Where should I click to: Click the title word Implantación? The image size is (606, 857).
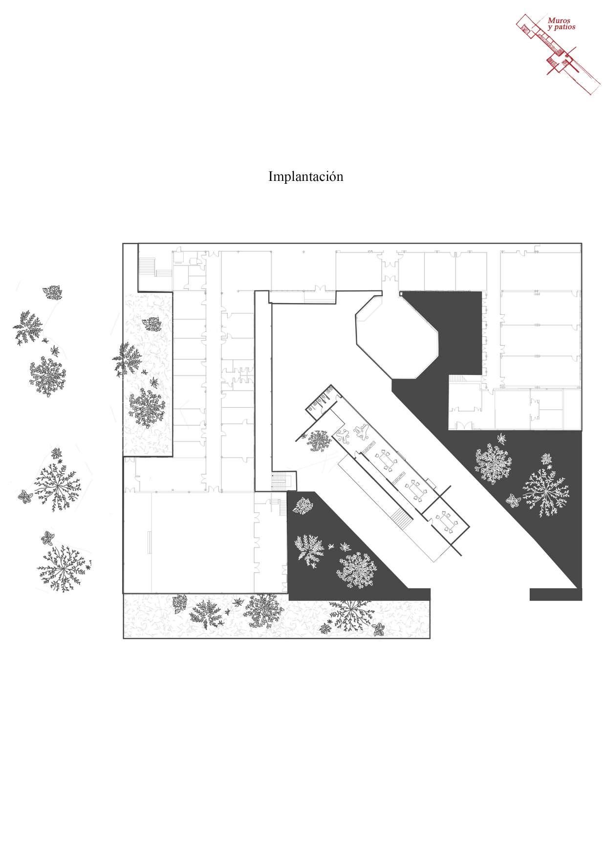click(305, 176)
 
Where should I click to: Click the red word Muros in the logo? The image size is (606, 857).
click(558, 21)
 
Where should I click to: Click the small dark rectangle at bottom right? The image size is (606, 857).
click(555, 594)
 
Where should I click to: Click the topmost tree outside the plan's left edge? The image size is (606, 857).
click(52, 293)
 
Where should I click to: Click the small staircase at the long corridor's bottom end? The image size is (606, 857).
click(283, 480)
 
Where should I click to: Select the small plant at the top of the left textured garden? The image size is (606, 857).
click(154, 323)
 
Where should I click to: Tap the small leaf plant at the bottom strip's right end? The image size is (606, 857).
click(379, 630)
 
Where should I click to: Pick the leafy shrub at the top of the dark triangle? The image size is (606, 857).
click(303, 506)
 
